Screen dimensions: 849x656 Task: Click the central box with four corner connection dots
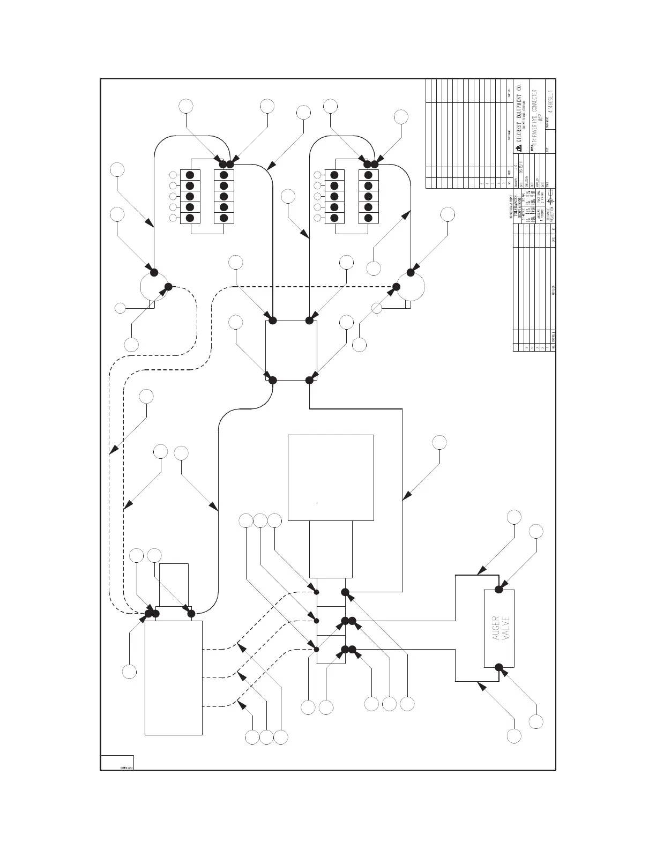pos(291,351)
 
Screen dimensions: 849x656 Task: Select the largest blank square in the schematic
pos(331,477)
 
